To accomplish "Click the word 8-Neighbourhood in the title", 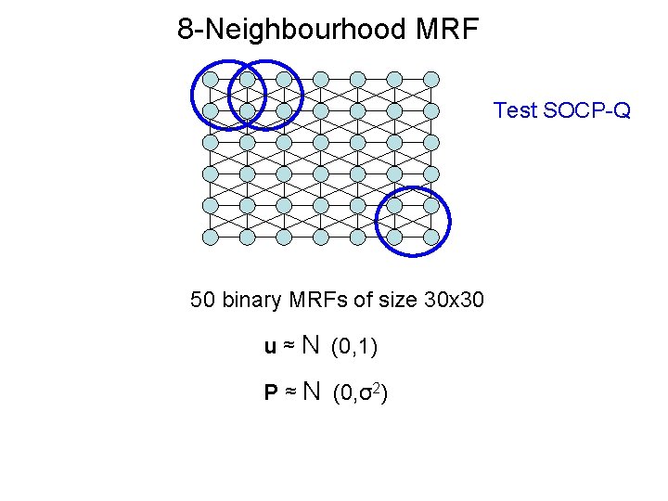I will [278, 30].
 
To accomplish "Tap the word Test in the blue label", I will [515, 110].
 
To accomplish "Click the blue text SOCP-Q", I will [587, 110].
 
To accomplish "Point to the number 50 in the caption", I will [201, 300].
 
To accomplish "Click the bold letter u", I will [270, 347].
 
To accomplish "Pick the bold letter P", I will [271, 393].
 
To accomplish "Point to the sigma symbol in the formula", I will [367, 394].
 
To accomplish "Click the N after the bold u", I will [310, 346].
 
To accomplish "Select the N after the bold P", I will [310, 392].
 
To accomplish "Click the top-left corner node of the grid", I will [211, 79].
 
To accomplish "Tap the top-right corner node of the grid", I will [431, 79].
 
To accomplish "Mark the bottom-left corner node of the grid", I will [211, 238].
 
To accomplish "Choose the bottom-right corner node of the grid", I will [431, 238].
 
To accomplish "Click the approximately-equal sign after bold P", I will [289, 393].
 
